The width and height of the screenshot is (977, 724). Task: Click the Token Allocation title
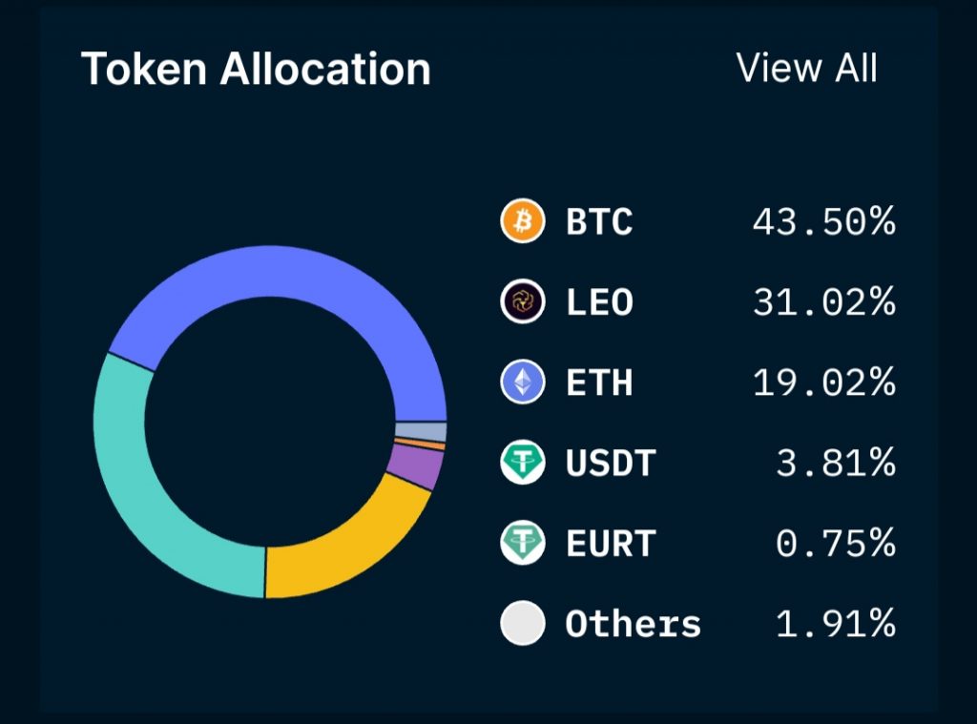point(256,70)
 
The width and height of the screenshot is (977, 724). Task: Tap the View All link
point(807,68)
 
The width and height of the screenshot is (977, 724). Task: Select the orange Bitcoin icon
point(523,222)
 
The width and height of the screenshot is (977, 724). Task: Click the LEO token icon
point(523,302)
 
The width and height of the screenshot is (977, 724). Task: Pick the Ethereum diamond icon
point(523,383)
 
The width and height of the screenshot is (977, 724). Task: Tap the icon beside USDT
point(523,464)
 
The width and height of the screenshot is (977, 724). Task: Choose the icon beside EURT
point(523,544)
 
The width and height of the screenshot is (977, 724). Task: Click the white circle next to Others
point(523,624)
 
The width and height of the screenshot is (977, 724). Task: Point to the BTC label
point(599,222)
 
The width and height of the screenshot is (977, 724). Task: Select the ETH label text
point(599,383)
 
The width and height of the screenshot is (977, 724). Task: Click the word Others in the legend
point(633,624)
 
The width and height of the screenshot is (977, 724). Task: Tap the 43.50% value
point(823,222)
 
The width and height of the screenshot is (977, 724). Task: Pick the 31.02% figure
point(823,302)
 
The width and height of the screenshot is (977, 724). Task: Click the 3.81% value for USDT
point(835,464)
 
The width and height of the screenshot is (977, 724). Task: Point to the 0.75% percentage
point(835,544)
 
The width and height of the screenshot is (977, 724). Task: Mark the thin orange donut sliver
point(421,445)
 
